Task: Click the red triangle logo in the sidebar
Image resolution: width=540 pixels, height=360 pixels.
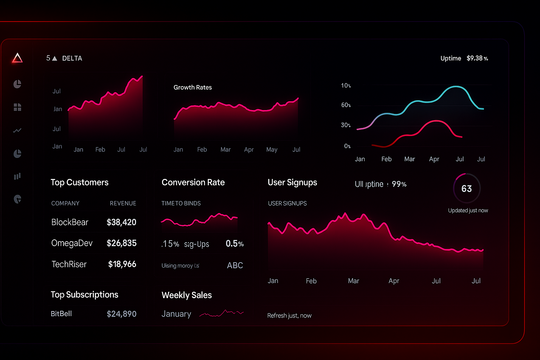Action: coord(17,58)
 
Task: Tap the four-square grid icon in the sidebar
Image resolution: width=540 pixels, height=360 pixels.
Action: coord(17,107)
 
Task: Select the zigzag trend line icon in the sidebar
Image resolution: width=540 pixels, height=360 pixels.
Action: coord(17,130)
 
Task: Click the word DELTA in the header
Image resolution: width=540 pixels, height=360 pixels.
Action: coord(72,58)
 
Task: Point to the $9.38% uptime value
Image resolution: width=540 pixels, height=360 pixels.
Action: coord(477,58)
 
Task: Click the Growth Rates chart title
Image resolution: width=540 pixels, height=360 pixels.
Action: coord(193,88)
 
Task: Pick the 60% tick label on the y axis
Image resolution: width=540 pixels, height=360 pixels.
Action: coord(346,105)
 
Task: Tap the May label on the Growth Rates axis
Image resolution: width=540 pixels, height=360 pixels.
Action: coord(272,150)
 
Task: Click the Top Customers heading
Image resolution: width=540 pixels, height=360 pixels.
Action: coord(79,182)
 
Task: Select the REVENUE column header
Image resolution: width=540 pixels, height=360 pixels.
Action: coord(123,204)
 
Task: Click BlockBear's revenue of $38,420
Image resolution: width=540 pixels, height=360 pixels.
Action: coord(121,222)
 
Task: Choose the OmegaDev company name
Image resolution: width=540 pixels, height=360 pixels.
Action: coord(72,243)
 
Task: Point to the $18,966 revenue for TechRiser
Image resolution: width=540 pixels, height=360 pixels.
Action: coord(122,264)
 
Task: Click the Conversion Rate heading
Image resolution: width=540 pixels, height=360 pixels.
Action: coord(193,182)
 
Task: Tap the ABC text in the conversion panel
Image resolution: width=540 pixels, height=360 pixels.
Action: coord(235,265)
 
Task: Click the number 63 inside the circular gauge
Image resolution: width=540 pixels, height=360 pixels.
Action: coord(467,189)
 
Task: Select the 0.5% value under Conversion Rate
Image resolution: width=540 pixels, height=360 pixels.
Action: coord(234,244)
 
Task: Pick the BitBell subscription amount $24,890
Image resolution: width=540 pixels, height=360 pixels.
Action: coord(121,314)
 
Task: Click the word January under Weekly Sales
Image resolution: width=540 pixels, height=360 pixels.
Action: coord(176,314)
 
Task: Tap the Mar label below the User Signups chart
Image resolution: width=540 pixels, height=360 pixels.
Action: coord(353,281)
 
